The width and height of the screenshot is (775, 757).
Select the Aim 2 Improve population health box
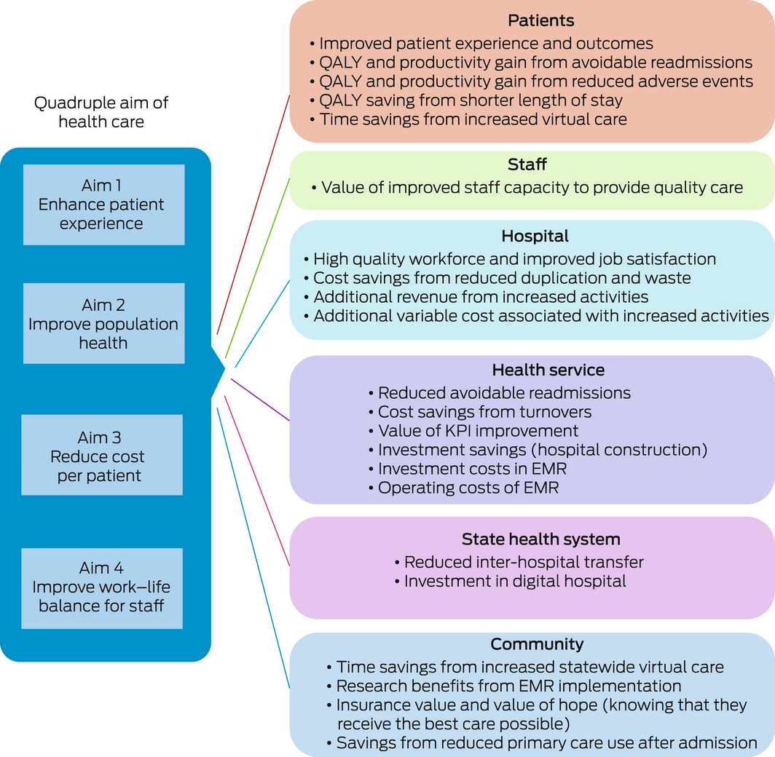click(103, 323)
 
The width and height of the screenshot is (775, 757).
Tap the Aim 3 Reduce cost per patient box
click(102, 456)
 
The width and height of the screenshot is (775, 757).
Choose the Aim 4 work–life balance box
click(102, 588)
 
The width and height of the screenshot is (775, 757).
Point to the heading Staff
click(527, 165)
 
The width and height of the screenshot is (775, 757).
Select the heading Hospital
click(535, 236)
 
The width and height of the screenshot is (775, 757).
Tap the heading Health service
click(548, 370)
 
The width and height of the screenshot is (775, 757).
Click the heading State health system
click(541, 539)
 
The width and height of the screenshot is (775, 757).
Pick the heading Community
click(537, 644)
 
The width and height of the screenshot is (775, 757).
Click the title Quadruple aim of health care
click(101, 112)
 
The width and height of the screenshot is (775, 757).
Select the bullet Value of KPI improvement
click(478, 431)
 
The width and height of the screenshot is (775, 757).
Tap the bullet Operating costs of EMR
click(468, 488)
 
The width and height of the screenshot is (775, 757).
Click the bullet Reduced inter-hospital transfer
click(524, 562)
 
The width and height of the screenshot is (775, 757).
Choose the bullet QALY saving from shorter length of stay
click(471, 100)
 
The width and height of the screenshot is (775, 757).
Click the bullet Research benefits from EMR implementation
click(508, 686)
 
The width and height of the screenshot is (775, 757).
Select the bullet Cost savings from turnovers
click(484, 412)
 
